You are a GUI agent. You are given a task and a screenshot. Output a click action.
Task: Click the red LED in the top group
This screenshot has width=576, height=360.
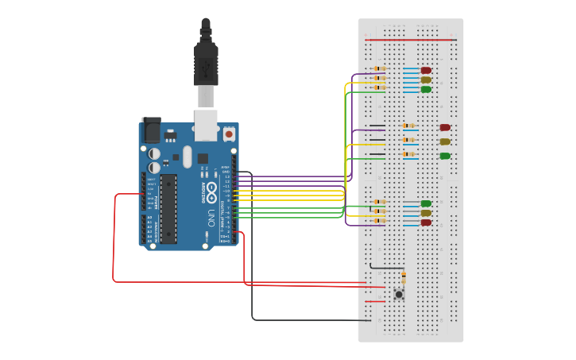click(x=426, y=70)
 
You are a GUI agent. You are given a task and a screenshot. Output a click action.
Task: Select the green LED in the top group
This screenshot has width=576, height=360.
click(x=426, y=89)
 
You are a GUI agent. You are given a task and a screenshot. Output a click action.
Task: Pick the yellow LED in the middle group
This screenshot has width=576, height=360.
click(x=445, y=141)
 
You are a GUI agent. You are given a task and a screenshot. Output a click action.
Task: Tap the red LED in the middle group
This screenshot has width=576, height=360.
click(x=445, y=127)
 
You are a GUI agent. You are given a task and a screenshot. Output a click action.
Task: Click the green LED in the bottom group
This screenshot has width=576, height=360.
click(x=426, y=203)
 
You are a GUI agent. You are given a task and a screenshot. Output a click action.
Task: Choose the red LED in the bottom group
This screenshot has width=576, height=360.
click(x=426, y=223)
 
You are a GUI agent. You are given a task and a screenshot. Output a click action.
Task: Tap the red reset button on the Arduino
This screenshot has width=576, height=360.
click(x=229, y=134)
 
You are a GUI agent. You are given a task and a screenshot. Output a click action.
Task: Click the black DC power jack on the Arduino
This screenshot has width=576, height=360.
click(x=151, y=130)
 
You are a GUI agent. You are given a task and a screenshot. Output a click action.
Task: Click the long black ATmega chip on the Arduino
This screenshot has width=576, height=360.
click(x=168, y=208)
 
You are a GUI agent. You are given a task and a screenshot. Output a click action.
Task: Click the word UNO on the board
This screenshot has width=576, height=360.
click(x=211, y=217)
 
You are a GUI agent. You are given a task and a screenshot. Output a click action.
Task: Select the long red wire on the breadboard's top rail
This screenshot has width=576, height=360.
click(x=409, y=39)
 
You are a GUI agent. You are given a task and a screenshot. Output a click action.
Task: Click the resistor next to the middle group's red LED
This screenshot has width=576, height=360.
click(x=409, y=126)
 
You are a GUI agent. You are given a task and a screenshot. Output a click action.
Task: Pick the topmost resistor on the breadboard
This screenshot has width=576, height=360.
click(x=379, y=69)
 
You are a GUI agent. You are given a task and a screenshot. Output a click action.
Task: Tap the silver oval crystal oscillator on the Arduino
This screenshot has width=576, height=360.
click(x=187, y=156)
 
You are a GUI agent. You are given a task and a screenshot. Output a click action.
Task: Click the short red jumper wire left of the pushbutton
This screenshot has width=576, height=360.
click(x=374, y=301)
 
